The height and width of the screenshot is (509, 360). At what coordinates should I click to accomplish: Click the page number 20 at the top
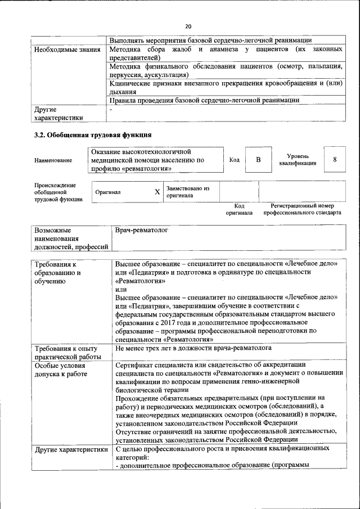[188, 26]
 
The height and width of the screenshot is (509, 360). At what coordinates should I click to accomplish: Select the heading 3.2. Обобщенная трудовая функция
[93, 135]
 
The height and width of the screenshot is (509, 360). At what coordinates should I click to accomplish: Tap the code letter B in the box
[258, 160]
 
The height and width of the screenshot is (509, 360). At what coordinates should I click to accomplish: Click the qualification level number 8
[335, 160]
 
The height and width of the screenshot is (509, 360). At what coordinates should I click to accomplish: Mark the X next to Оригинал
[157, 192]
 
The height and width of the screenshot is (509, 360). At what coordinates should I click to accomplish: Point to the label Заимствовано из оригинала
[188, 192]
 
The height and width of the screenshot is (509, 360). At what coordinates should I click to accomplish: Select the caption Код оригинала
[239, 210]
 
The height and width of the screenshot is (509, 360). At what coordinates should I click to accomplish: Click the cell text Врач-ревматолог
[141, 231]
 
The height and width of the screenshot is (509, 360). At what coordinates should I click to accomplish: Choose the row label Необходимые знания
[64, 50]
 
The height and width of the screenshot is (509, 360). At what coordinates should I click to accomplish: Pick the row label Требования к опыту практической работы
[67, 353]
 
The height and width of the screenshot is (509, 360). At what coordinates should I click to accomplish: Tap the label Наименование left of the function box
[53, 160]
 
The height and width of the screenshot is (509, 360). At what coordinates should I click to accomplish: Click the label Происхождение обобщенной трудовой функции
[58, 192]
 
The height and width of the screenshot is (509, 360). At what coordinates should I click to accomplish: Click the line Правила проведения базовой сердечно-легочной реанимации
[204, 100]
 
